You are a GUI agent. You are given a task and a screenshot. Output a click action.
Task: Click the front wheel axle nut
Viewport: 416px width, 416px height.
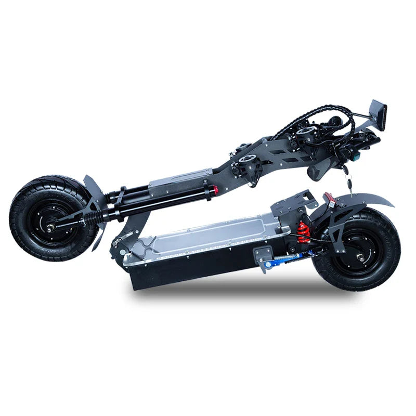50,227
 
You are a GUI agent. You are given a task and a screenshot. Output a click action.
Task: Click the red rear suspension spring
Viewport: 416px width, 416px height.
303,232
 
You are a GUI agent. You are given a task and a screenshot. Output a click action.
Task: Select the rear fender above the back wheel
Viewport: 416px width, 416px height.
364,200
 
